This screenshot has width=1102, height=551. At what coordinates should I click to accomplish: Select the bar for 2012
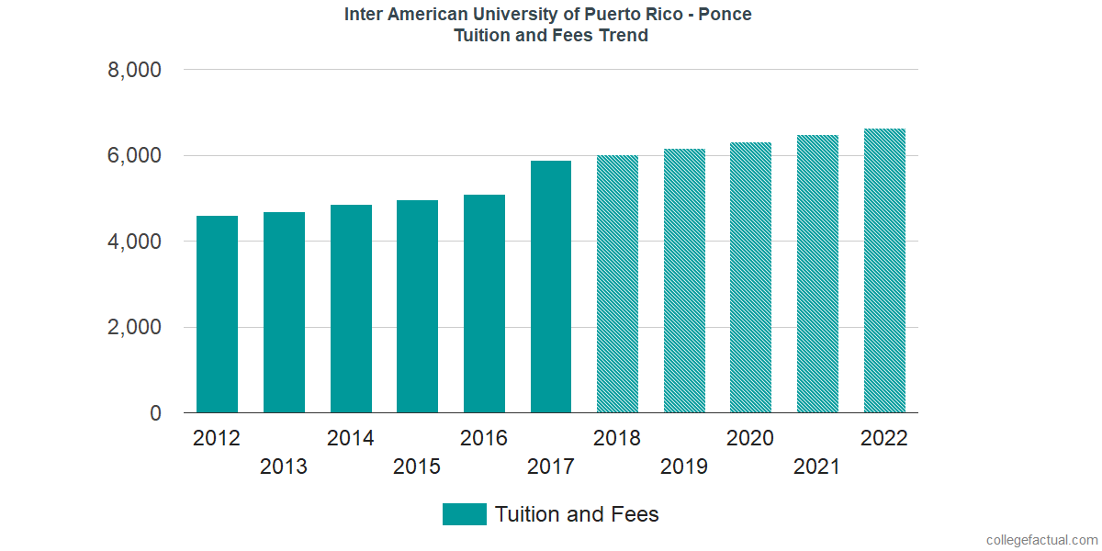[217, 314]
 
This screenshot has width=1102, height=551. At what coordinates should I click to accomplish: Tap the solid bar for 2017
[551, 287]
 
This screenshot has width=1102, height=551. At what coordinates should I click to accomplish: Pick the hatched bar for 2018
[617, 284]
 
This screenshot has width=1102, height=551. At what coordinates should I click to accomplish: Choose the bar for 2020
[750, 277]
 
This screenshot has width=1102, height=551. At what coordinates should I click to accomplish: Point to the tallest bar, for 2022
[884, 271]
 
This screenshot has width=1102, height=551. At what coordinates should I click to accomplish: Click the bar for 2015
[417, 307]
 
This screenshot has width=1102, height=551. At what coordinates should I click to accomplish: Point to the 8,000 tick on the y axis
[136, 71]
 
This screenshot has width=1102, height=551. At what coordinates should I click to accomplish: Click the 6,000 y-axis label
[136, 156]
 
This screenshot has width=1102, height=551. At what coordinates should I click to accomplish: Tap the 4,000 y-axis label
[136, 242]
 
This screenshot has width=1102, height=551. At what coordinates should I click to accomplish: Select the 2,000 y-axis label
[136, 328]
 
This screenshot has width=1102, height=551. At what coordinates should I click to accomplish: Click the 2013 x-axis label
[284, 467]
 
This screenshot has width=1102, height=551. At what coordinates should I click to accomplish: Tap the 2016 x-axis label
[484, 438]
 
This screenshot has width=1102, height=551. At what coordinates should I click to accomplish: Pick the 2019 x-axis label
[684, 467]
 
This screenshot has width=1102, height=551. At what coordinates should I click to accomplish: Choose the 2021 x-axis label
[817, 467]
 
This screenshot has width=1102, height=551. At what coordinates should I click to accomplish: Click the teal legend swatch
[464, 514]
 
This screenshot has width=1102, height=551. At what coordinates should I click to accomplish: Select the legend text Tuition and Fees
[577, 514]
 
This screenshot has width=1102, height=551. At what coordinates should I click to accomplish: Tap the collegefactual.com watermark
[1041, 540]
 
